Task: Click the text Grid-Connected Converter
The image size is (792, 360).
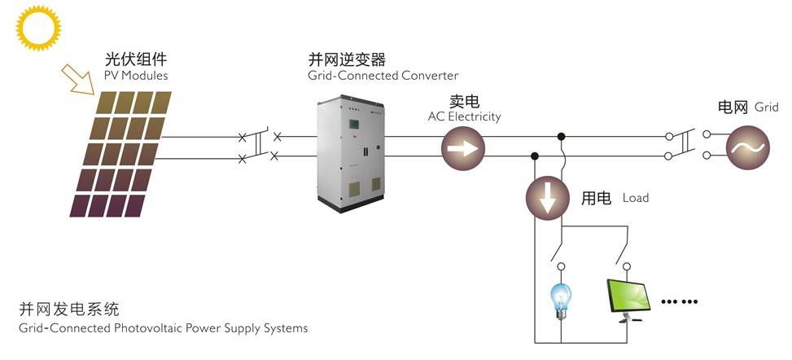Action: (383, 76)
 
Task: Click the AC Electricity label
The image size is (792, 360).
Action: (464, 116)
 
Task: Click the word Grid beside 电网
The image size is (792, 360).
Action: (766, 108)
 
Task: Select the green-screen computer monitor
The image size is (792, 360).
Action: (628, 299)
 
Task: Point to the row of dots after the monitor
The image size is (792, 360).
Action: (680, 301)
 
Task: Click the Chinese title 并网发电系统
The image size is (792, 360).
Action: (69, 310)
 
